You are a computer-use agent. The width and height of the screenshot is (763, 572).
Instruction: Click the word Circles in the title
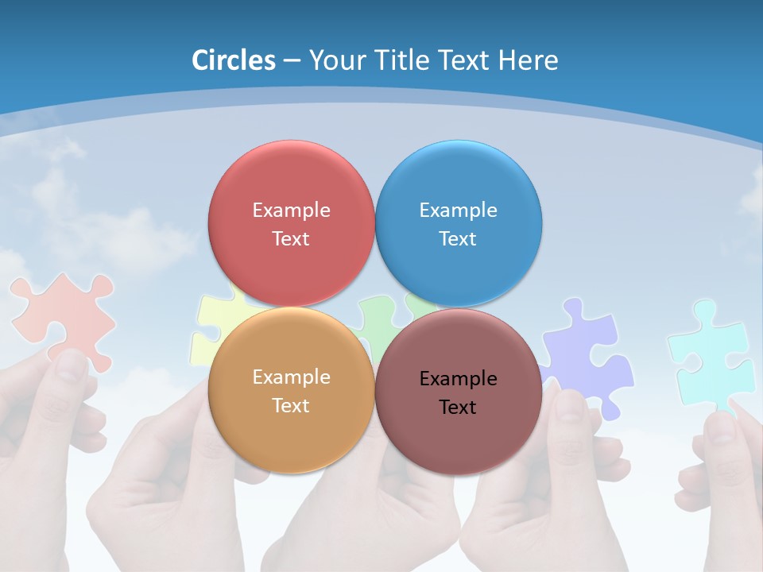[234, 60]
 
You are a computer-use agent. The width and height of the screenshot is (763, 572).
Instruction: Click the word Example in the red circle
[291, 210]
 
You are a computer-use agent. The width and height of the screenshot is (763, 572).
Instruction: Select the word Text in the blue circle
[458, 238]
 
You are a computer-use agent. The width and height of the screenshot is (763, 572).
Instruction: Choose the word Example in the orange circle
[291, 377]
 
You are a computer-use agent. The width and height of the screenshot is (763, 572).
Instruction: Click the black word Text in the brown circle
[458, 407]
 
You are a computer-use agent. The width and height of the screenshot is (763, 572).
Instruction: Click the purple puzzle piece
[588, 350]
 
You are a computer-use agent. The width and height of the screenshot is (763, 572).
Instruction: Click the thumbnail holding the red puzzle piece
[72, 365]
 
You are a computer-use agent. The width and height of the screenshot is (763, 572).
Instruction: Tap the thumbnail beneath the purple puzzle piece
[569, 405]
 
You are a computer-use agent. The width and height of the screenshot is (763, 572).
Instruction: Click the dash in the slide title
[291, 60]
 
